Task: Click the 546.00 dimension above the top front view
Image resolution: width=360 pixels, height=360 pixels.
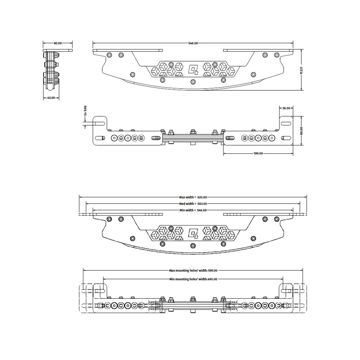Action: (193, 43)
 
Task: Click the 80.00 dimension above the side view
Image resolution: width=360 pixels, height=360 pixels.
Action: (58, 43)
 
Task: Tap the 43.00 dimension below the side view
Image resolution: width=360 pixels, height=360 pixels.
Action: (51, 98)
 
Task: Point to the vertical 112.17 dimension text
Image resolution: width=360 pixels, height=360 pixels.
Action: (301, 70)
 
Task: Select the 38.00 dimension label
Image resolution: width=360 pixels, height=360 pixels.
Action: (286, 108)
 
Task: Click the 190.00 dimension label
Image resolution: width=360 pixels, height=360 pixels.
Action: (258, 153)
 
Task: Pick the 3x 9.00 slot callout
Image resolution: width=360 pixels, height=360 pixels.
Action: (85, 111)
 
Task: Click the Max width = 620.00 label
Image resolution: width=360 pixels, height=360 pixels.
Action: (193, 197)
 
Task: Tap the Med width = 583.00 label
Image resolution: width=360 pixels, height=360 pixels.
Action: (193, 204)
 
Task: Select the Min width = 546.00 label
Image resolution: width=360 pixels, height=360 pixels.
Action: (193, 210)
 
